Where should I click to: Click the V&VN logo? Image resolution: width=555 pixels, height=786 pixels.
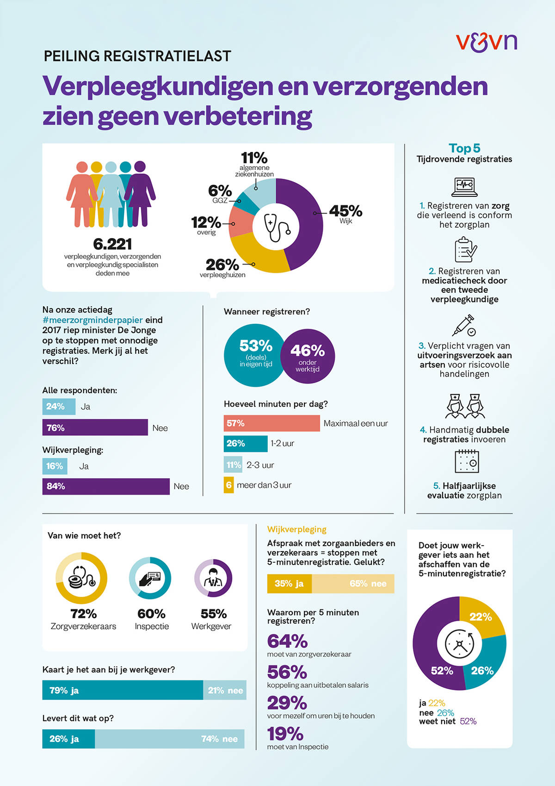(x=486, y=42)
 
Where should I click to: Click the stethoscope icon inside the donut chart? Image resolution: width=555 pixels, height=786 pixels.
(x=276, y=226)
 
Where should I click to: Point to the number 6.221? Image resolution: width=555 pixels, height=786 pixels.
(x=112, y=244)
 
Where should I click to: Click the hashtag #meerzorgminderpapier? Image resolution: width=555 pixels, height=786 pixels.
(x=92, y=320)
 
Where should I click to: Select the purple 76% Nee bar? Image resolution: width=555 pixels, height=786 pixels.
(x=95, y=428)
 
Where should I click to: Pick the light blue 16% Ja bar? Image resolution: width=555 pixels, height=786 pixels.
(x=55, y=466)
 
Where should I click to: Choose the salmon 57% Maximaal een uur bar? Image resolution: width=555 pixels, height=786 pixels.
(x=271, y=423)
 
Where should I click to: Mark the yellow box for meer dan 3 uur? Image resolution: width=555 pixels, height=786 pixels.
(x=228, y=485)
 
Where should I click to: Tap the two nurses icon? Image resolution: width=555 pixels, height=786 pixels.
(x=464, y=406)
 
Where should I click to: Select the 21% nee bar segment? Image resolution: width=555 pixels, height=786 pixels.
(x=225, y=690)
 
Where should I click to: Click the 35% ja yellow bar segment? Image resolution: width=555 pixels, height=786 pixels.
(x=289, y=584)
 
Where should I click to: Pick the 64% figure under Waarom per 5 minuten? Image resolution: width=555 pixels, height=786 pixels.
(x=287, y=641)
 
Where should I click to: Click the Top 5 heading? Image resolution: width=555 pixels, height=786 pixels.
(x=464, y=148)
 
